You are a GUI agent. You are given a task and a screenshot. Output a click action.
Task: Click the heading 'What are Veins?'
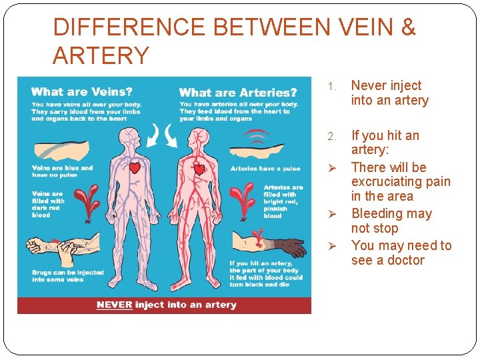tap(82, 92)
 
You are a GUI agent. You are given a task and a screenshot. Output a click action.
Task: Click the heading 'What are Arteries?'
tap(238, 93)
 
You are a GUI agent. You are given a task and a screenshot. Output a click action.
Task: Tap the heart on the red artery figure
tap(199, 169)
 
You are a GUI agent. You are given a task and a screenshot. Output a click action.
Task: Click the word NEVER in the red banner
tap(114, 305)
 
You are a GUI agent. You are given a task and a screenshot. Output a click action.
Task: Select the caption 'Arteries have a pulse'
tap(265, 169)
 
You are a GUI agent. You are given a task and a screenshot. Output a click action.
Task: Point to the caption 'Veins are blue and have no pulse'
tap(62, 171)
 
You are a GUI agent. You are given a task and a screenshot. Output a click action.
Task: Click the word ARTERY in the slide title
tap(101, 56)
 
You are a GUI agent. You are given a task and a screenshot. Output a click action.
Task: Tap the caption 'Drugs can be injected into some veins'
tap(67, 275)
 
